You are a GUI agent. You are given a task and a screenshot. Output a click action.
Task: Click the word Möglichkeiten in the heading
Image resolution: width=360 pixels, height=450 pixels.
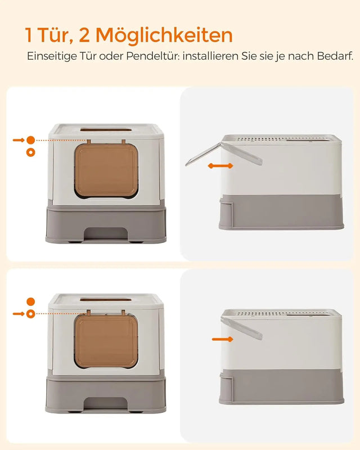click(x=164, y=35)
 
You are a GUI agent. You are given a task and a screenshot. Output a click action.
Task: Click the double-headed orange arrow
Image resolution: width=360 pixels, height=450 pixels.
click(x=220, y=166)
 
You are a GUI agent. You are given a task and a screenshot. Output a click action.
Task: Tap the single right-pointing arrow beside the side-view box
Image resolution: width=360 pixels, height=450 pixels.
click(x=222, y=339)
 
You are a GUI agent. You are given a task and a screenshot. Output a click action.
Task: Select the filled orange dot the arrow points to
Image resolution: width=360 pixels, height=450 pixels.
click(x=30, y=139)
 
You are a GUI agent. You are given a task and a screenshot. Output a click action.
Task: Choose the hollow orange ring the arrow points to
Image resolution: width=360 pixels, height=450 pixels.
click(x=30, y=313)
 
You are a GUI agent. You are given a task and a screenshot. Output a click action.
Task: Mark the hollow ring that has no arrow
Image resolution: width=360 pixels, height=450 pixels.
click(x=30, y=152)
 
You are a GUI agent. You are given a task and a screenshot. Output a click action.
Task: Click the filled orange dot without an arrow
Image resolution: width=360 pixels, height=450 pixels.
click(x=30, y=301)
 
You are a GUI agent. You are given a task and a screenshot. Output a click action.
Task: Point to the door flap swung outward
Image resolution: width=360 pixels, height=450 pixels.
click(x=204, y=154)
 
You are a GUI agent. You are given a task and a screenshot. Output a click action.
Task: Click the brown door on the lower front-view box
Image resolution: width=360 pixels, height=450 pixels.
click(x=107, y=340)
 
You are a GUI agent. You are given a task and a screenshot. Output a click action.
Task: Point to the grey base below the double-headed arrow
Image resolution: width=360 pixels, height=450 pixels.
click(x=281, y=211)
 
